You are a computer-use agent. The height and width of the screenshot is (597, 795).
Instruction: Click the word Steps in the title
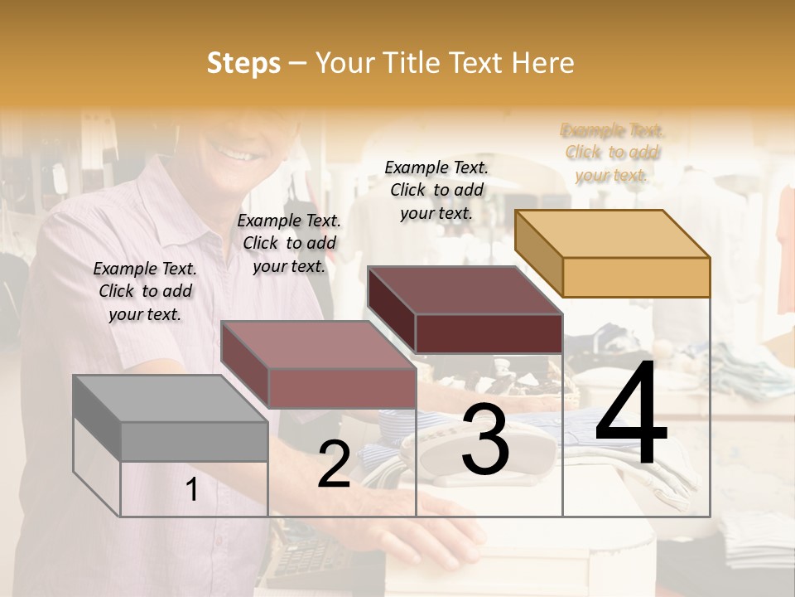pyautogui.click(x=243, y=63)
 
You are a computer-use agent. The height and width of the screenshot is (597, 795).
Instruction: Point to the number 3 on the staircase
pyautogui.click(x=484, y=440)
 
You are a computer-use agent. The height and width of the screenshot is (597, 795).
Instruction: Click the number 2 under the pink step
pyautogui.click(x=334, y=464)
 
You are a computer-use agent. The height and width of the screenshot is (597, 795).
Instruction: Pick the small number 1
pyautogui.click(x=192, y=490)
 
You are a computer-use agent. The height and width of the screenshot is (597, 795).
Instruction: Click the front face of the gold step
pyautogui.click(x=636, y=277)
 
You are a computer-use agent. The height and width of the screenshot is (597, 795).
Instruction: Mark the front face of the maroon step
pyautogui.click(x=489, y=333)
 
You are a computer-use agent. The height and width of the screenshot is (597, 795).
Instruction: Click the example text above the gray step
pyautogui.click(x=145, y=291)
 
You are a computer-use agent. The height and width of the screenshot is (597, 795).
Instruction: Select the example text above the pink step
pyautogui.click(x=289, y=243)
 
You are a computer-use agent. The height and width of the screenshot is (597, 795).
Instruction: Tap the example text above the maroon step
pyautogui.click(x=436, y=190)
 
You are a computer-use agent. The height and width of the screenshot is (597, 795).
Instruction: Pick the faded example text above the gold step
pyautogui.click(x=612, y=153)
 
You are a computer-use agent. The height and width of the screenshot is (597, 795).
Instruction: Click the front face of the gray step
pyautogui.click(x=194, y=442)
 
